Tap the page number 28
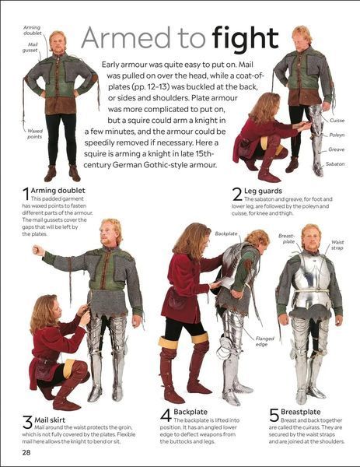click(x=26, y=452)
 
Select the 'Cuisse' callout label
click(x=337, y=121)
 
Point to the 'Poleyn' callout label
click(x=337, y=135)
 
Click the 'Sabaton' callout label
click(x=335, y=163)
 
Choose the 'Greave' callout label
click(x=336, y=149)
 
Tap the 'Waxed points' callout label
click(x=35, y=134)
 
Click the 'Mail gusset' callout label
click(x=30, y=47)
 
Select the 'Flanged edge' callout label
click(x=265, y=342)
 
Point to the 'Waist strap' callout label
click(x=337, y=245)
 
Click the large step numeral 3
click(x=27, y=423)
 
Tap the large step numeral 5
click(x=274, y=415)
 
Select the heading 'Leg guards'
click(x=263, y=191)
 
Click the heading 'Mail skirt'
click(x=50, y=420)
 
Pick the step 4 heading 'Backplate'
click(x=190, y=412)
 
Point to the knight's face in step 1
click(x=58, y=42)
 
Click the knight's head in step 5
click(x=311, y=237)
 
